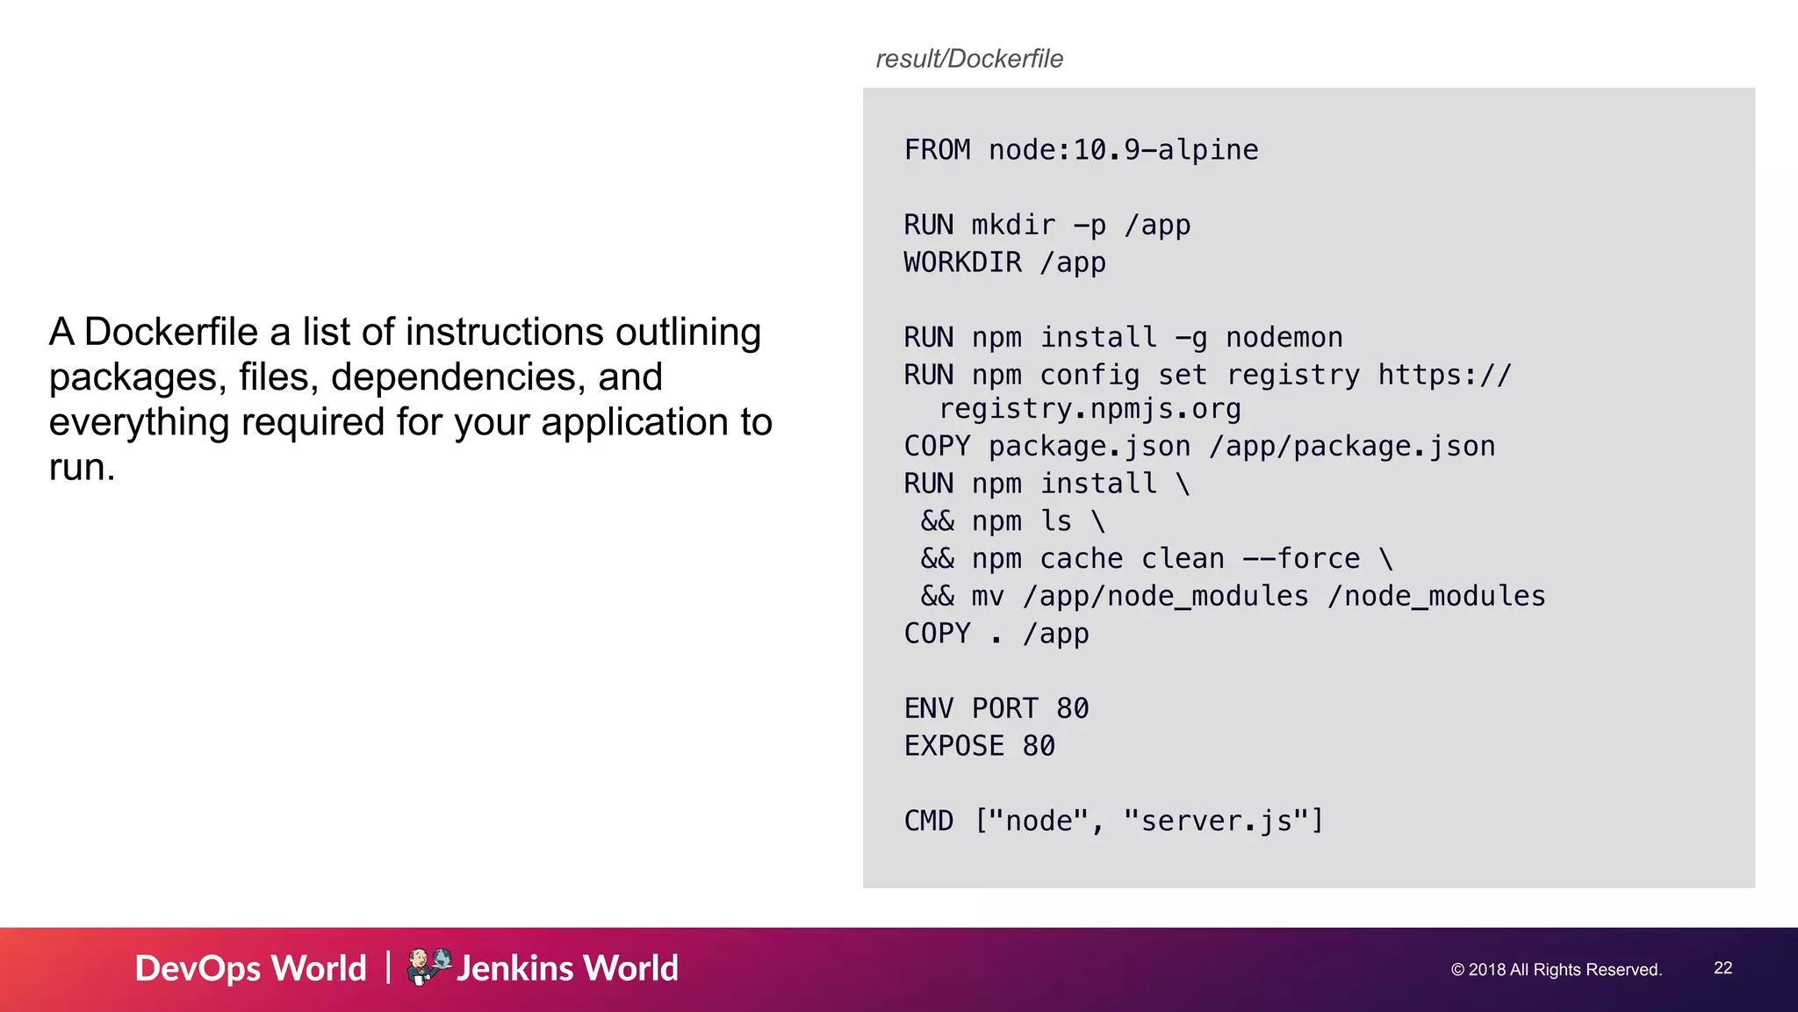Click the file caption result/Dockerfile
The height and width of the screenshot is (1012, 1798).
pyautogui.click(x=969, y=59)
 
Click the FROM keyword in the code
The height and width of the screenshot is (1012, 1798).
pyautogui.click(x=937, y=150)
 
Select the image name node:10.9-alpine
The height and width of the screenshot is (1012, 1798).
pyautogui.click(x=1123, y=150)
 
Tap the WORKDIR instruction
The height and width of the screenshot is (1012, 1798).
pyautogui.click(x=962, y=262)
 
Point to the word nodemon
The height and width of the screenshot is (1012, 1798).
pyautogui.click(x=1284, y=338)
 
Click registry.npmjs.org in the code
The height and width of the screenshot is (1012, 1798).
pyautogui.click(x=1090, y=409)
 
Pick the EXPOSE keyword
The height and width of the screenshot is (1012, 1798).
pyautogui.click(x=953, y=746)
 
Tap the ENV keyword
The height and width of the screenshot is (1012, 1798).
pyautogui.click(x=928, y=708)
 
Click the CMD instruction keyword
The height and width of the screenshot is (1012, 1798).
pyautogui.click(x=928, y=821)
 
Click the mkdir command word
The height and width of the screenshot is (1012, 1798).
pyautogui.click(x=1013, y=226)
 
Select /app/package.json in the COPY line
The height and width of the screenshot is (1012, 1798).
pyautogui.click(x=1352, y=447)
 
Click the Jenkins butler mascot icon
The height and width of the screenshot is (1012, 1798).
pyautogui.click(x=428, y=966)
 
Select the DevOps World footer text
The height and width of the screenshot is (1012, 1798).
pyautogui.click(x=250, y=968)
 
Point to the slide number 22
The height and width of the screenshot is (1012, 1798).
pyautogui.click(x=1722, y=967)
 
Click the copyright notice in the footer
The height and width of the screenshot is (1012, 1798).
pyautogui.click(x=1556, y=970)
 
